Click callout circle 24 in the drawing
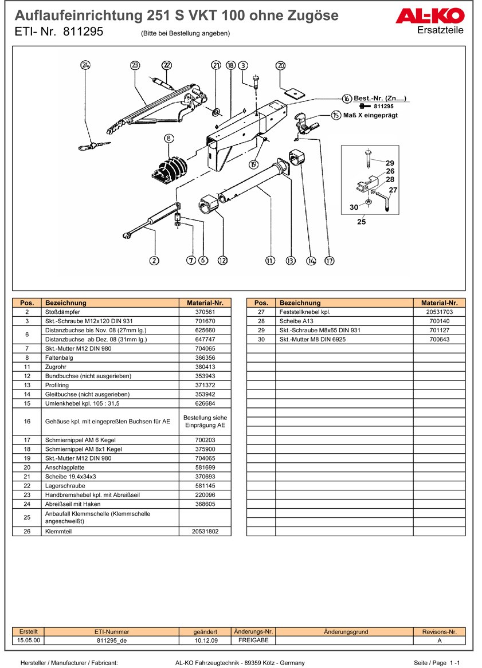[85, 65]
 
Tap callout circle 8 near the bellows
[168, 137]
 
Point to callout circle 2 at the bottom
[154, 261]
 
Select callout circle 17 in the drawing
[329, 261]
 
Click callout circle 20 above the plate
[281, 65]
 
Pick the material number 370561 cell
[205, 312]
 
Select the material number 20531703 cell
[439, 312]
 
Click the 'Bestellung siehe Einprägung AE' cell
[205, 422]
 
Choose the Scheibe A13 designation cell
[344, 321]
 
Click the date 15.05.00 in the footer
[29, 641]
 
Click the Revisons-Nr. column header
[439, 632]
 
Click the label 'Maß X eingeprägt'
[370, 115]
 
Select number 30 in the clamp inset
[354, 207]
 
